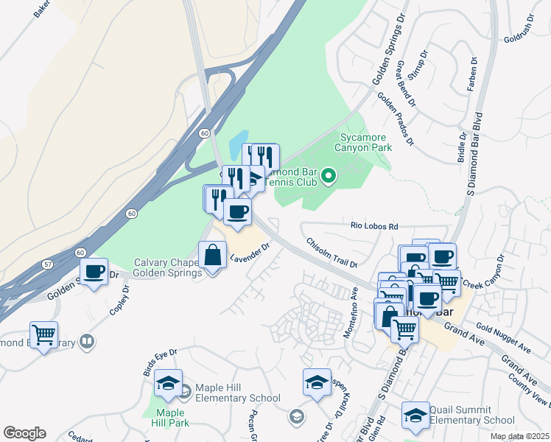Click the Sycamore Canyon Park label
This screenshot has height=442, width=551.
(363, 142)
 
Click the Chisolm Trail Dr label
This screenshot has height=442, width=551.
(331, 253)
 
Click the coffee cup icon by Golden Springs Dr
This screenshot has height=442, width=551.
(94, 272)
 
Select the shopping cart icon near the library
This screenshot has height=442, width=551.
(44, 335)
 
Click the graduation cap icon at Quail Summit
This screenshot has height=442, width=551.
(416, 415)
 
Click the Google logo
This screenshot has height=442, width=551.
(24, 433)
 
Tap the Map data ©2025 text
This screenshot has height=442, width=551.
(520, 437)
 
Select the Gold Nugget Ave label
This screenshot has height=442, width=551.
(503, 337)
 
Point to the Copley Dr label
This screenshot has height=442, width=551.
(119, 309)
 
